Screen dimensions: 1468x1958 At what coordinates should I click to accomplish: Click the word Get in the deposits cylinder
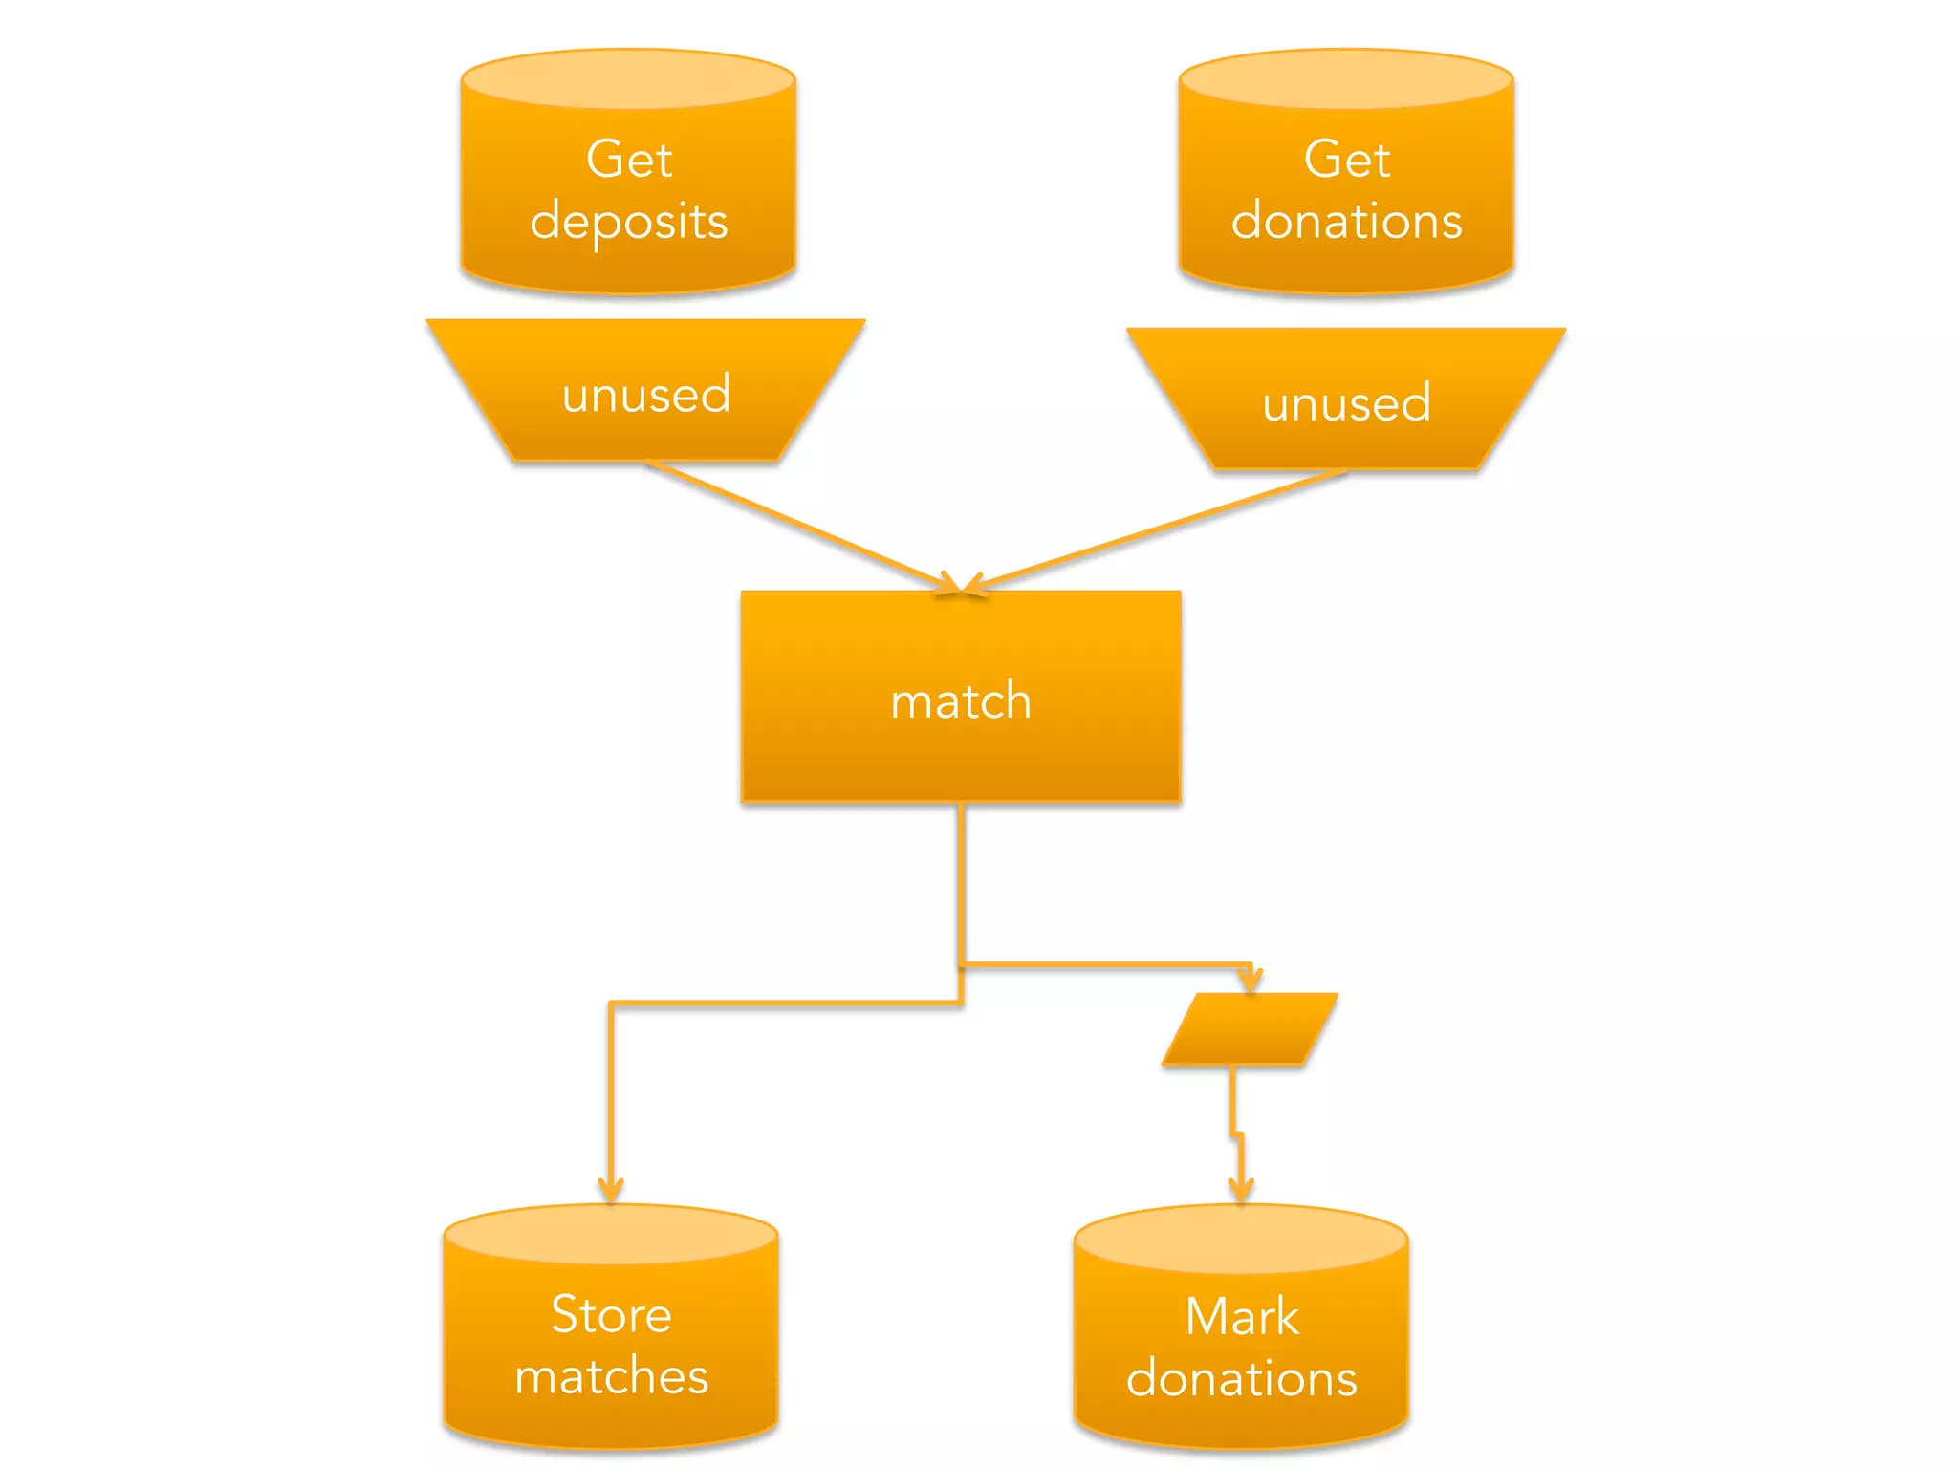pos(628,160)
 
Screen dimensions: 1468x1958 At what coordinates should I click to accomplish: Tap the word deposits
pos(628,223)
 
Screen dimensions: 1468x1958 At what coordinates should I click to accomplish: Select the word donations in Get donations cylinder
pos(1346,222)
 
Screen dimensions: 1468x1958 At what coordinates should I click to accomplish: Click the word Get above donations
pos(1346,160)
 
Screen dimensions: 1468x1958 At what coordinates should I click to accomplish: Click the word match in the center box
pos(961,701)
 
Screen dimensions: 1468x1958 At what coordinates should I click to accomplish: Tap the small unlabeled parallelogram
pos(1250,1028)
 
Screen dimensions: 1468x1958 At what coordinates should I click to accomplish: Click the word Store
pos(611,1314)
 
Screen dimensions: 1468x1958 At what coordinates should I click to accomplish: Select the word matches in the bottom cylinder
pos(611,1377)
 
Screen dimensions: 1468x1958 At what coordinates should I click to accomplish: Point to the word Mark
pos(1241,1317)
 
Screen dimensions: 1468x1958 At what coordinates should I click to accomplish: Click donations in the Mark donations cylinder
pos(1241,1379)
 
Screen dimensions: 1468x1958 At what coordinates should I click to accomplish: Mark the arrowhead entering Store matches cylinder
pos(611,1191)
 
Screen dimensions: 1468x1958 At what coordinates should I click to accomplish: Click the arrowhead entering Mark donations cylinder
pos(1241,1191)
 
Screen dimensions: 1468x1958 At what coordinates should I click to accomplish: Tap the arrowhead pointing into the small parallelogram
pos(1251,981)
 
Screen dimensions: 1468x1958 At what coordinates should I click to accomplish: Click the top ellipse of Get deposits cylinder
pos(628,79)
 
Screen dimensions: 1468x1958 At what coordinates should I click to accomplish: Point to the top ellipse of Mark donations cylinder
pos(1241,1238)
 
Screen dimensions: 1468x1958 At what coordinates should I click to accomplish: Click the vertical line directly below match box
pos(961,879)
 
